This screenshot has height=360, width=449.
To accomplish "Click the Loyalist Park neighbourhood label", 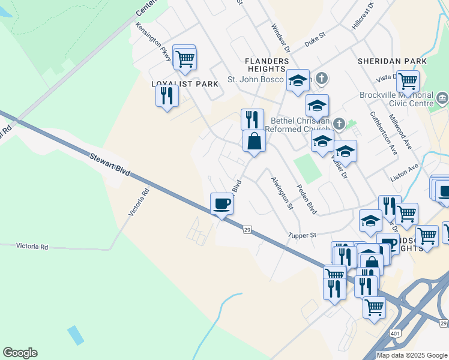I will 185,84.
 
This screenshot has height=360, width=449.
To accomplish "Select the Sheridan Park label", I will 392,61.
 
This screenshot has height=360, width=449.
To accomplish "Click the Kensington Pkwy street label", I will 153,41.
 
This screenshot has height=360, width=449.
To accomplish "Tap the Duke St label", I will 314,41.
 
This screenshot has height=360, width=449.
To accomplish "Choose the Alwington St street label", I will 282,193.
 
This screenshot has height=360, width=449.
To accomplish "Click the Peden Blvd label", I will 307,199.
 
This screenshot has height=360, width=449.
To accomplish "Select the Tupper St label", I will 302,235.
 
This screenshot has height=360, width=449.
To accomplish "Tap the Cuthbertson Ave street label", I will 384,134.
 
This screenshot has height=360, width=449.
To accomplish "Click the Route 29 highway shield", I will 246,229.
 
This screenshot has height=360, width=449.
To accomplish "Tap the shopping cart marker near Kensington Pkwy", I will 184,58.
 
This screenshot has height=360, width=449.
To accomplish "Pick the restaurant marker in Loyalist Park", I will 167,95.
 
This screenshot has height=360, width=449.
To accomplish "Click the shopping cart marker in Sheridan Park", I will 408,80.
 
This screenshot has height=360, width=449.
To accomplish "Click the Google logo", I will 20,353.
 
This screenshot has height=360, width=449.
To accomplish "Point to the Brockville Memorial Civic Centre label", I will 396,99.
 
